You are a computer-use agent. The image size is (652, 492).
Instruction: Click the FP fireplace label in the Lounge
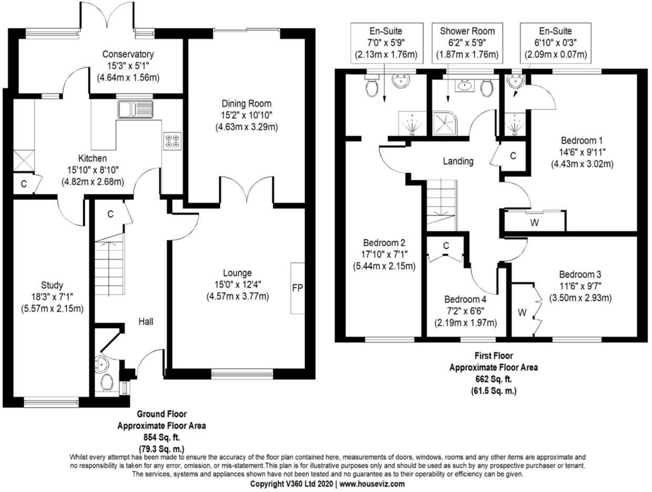coord(298,288)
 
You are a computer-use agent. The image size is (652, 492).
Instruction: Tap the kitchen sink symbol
coord(135,109)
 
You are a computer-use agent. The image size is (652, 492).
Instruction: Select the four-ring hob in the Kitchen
coord(171,141)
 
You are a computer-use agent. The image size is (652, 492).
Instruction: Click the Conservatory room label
coord(128,54)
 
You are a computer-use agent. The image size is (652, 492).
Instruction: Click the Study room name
coord(51,285)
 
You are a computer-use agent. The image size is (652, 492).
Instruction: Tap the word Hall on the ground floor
coord(146,321)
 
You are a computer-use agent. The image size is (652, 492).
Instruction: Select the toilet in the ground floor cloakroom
coord(106,383)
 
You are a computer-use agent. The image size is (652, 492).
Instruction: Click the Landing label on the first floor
coord(458,161)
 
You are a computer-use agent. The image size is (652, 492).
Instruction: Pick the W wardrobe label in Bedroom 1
coord(534,222)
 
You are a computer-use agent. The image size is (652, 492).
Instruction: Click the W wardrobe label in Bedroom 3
coord(522,313)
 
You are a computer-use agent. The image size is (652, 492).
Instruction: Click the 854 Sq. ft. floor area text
coord(161,437)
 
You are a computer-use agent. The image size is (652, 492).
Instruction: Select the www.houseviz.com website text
coord(372,484)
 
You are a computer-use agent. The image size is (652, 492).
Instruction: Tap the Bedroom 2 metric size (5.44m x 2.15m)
coord(384,266)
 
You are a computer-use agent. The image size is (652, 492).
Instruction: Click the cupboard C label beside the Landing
coord(513,156)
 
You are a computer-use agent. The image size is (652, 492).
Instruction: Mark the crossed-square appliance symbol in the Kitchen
coord(23,160)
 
